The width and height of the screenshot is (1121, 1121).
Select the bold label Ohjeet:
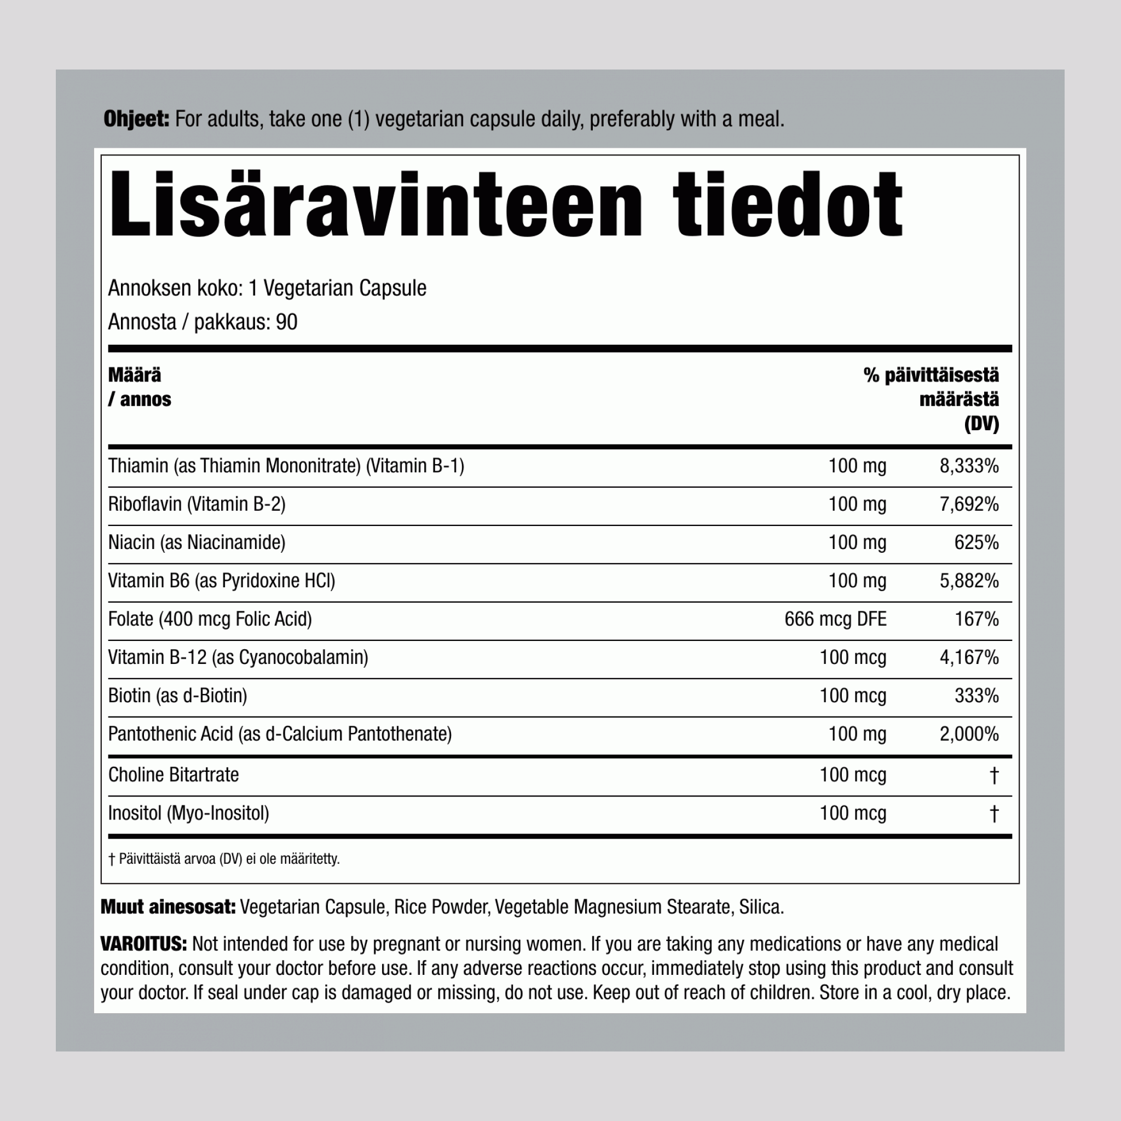coord(136,119)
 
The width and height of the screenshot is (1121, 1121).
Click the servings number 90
coord(287,322)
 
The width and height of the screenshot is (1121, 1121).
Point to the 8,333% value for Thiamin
coord(969,466)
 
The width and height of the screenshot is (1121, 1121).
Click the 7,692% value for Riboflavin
coord(969,504)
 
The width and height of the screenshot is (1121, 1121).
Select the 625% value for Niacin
coord(976,542)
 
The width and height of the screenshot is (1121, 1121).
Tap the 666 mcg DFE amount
coord(835,619)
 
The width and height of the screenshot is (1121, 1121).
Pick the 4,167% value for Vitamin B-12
coord(969,657)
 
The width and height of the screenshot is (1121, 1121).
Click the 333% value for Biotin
coord(976,696)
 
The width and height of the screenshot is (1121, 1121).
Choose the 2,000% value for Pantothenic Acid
coord(969,734)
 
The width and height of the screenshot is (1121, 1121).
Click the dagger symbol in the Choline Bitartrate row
coord(994,775)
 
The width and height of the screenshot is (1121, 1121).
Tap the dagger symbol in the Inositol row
coord(994,813)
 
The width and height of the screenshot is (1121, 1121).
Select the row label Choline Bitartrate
coord(174,775)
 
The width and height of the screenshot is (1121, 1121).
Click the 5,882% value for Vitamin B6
coord(969,581)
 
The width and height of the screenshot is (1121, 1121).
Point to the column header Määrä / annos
coord(139,387)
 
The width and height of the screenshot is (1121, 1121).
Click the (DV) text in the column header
coord(982,424)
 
